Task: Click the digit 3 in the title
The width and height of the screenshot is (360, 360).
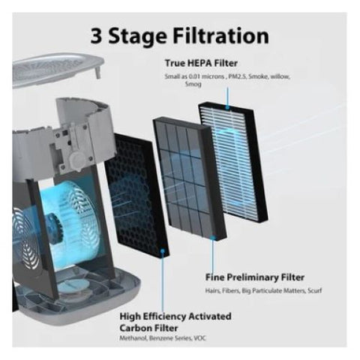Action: click(x=96, y=35)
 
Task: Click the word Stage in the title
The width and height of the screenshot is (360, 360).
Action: click(x=137, y=37)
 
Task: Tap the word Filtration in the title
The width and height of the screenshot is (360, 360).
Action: click(x=221, y=35)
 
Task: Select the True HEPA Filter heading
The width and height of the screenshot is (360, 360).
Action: click(x=201, y=63)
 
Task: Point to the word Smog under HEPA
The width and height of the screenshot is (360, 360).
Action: click(x=193, y=84)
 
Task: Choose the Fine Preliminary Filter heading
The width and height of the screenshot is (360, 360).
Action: click(x=255, y=277)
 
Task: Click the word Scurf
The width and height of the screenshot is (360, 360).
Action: click(x=315, y=291)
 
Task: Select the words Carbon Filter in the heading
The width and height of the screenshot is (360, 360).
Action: click(x=148, y=328)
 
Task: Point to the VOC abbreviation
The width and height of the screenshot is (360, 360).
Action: click(x=200, y=338)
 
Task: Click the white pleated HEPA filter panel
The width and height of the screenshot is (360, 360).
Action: click(x=233, y=161)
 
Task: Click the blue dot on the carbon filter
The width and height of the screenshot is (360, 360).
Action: click(x=163, y=250)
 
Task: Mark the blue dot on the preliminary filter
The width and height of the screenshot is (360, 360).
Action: click(x=213, y=237)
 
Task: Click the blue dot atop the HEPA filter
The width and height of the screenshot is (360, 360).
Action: click(x=227, y=107)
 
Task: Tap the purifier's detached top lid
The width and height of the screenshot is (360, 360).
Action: click(x=58, y=69)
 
